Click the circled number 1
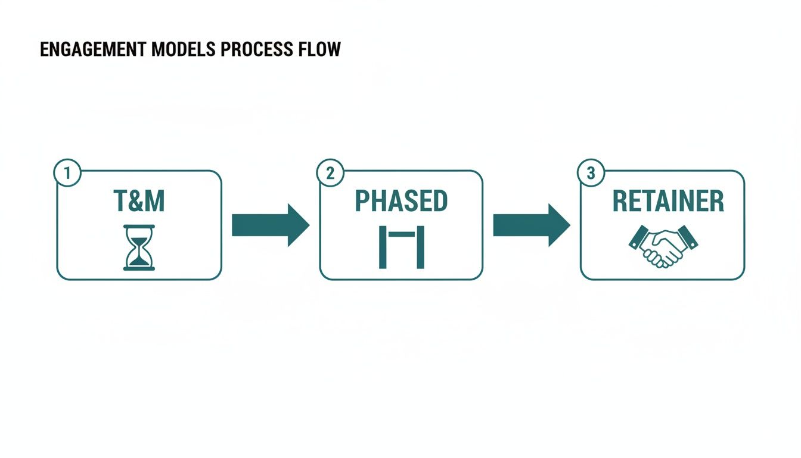[67, 173]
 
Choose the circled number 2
[330, 173]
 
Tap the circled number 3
[591, 173]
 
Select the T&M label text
[139, 202]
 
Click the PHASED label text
[401, 202]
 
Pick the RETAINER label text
[668, 202]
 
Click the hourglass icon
[139, 247]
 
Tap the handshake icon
[663, 246]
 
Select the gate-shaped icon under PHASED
[401, 247]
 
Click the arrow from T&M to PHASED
[270, 225]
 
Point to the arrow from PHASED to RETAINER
[531, 225]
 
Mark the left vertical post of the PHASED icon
[383, 247]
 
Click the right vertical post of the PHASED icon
[420, 247]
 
